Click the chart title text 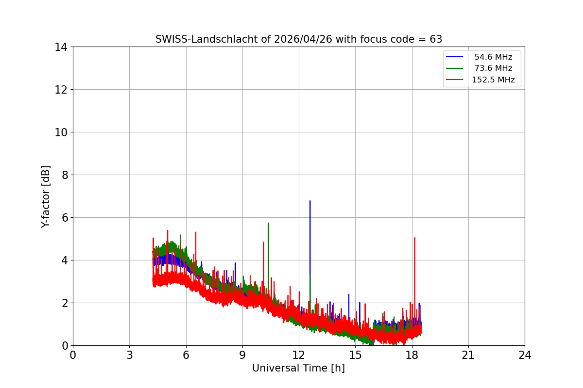[x=298, y=39]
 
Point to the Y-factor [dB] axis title [x=46, y=196]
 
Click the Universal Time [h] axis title [x=298, y=368]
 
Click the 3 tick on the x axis [x=129, y=355]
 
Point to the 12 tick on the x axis [x=299, y=355]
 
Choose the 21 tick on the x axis [x=468, y=355]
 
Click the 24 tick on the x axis [x=525, y=355]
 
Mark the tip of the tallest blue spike [x=310, y=201]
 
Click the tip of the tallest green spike [x=268, y=223]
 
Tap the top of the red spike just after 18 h [x=414, y=238]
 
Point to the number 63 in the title [x=436, y=39]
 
